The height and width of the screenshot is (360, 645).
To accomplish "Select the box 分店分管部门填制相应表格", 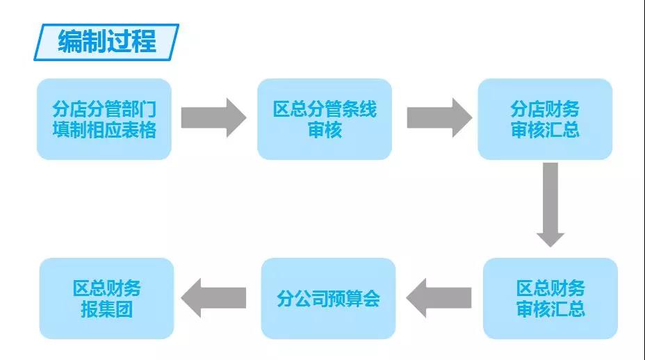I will [104, 119].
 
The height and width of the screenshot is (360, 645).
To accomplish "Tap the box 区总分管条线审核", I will [325, 119].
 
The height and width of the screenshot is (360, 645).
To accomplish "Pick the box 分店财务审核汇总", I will [545, 119].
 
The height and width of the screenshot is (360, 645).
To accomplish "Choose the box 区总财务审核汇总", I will [550, 298].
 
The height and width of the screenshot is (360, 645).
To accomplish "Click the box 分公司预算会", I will [328, 298].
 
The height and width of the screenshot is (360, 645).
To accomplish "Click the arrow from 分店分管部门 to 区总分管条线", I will [213, 117].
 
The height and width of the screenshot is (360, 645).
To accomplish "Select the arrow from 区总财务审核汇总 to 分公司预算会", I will [439, 298].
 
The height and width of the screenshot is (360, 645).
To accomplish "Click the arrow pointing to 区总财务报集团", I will [213, 298].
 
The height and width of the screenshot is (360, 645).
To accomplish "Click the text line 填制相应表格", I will [104, 130].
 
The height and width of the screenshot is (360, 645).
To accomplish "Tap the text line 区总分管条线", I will [325, 109].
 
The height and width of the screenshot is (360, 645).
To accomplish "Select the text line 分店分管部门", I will [104, 109].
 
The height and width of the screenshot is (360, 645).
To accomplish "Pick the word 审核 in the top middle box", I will [325, 130].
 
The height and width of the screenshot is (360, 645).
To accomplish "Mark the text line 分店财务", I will [545, 109].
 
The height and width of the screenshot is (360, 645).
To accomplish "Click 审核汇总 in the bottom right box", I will [550, 309].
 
